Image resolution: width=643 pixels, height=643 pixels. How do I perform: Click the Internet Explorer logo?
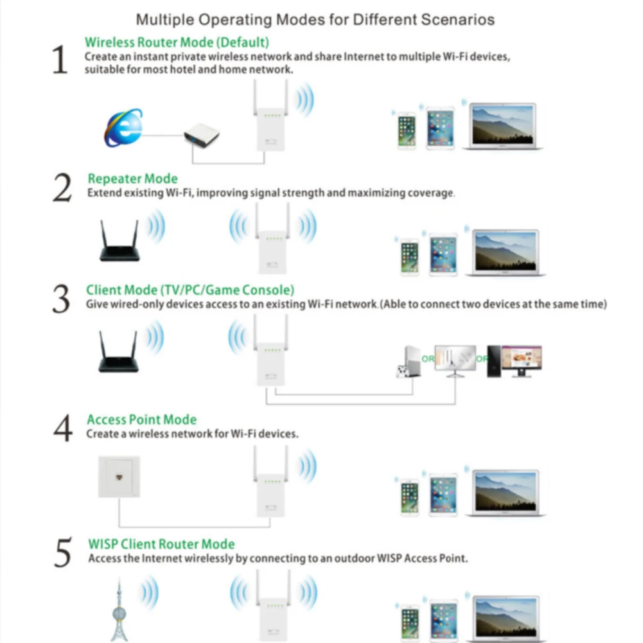tap(123, 128)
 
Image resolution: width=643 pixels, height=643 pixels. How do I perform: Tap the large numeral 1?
tap(60, 60)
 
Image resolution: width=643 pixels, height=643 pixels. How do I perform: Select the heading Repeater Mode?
tap(132, 179)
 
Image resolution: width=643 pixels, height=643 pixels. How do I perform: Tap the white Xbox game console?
tap(406, 363)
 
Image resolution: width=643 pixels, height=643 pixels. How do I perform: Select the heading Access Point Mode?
tap(141, 419)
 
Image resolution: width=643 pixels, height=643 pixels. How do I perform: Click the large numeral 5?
tap(62, 554)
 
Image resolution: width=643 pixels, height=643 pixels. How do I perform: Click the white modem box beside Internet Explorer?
tap(201, 136)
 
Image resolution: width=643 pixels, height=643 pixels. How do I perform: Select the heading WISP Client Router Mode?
tap(161, 544)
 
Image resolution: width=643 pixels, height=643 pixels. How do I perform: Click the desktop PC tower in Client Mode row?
tap(493, 361)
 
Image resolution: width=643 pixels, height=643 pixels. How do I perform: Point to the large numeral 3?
tap(61, 300)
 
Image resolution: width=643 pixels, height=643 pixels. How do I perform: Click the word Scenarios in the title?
tap(458, 19)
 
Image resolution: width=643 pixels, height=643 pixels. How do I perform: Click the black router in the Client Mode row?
tap(118, 353)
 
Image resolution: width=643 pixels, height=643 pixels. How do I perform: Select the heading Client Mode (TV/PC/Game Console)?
tap(190, 290)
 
